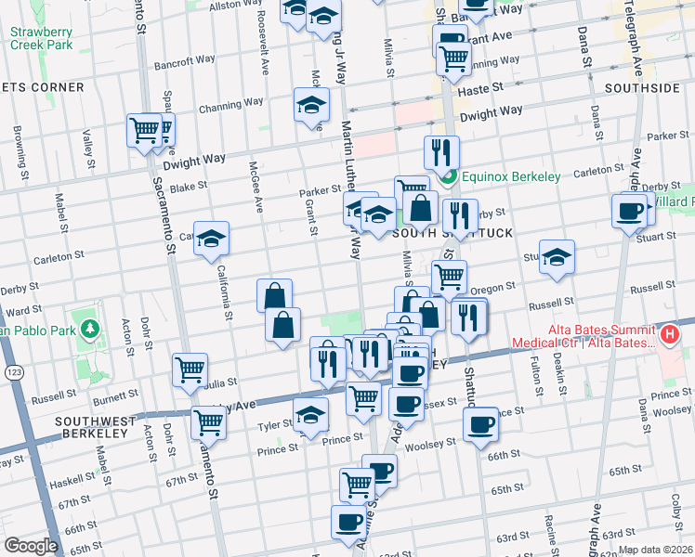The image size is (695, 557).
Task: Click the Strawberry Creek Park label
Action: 41,37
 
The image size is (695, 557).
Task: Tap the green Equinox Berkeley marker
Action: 448,176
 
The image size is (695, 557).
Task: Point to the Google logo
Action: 31,545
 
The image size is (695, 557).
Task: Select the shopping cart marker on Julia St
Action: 190,369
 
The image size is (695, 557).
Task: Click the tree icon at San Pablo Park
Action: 90,328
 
